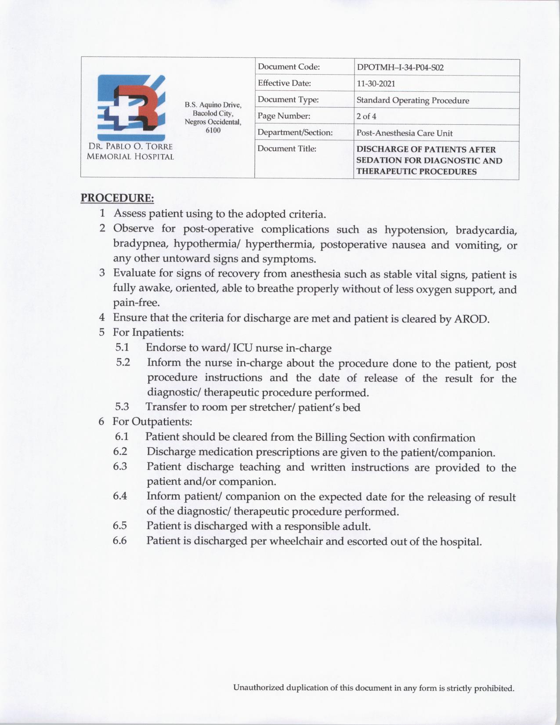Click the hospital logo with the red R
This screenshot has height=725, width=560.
click(x=131, y=107)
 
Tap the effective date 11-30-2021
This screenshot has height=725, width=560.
click(x=376, y=83)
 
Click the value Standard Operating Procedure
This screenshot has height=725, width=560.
click(x=412, y=100)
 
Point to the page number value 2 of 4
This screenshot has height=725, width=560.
click(x=366, y=116)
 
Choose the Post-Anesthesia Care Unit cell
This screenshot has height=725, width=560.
click(x=404, y=133)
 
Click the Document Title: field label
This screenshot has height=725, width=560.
click(x=286, y=149)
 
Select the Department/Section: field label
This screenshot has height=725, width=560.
click(x=295, y=132)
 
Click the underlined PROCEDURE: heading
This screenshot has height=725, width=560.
click(x=117, y=198)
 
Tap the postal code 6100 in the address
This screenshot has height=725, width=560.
click(x=213, y=130)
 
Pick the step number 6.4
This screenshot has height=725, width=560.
click(x=120, y=496)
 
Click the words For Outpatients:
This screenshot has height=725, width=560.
click(x=152, y=422)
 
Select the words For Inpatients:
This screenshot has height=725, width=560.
click(x=148, y=332)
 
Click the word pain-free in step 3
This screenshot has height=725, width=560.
click(x=136, y=303)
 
